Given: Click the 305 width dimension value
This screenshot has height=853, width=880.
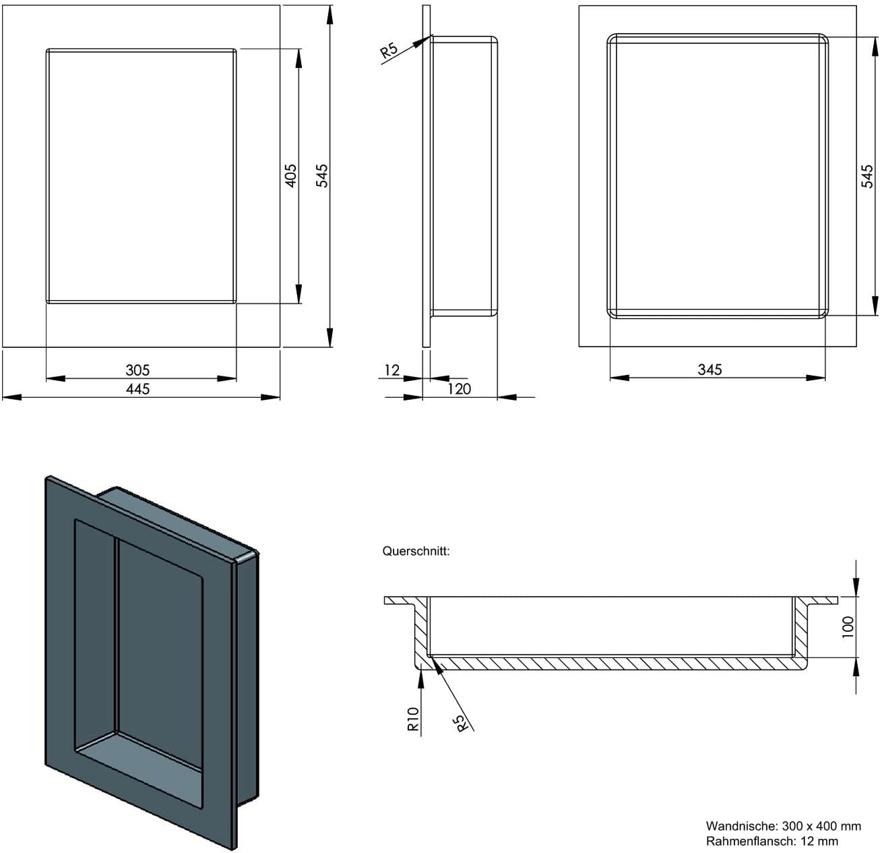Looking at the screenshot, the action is tap(137, 370).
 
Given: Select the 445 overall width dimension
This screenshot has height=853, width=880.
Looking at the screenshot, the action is tap(137, 388).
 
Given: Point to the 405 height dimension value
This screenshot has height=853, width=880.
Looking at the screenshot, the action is tap(291, 175).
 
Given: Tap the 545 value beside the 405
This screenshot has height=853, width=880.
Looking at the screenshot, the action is tap(321, 175).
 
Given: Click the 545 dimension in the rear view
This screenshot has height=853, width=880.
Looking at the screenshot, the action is tap(867, 176).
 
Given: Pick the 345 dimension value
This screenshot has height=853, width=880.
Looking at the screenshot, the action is tap(710, 370).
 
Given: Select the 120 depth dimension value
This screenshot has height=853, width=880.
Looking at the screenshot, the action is tap(459, 388).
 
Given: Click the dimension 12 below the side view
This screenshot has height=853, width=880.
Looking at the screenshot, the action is tap(391, 370).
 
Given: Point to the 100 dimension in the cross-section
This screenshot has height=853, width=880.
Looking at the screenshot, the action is tap(848, 626).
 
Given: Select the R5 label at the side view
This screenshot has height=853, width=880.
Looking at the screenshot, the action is tap(389, 50).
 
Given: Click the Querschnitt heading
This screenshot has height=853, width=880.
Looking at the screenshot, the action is tap(416, 551).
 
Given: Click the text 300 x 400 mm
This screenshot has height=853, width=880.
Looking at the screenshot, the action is tap(821, 826).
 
